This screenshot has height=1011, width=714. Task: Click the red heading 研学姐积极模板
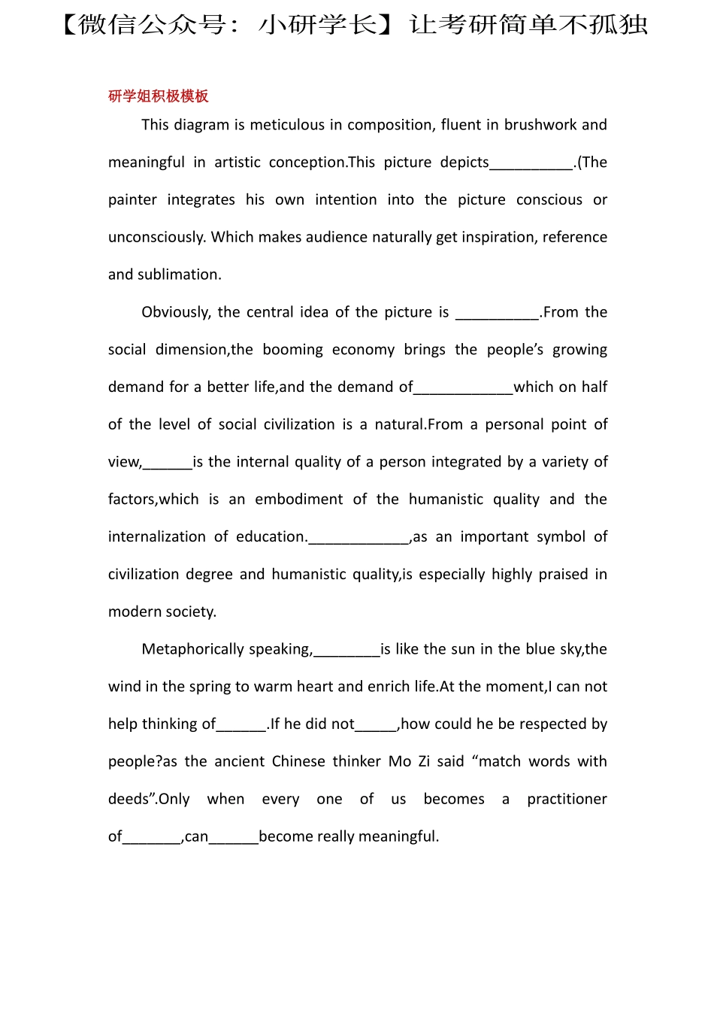pyautogui.click(x=158, y=96)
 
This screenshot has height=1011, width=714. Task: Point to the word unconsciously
pyautogui.click(x=156, y=238)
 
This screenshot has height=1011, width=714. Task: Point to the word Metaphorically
pyautogui.click(x=189, y=650)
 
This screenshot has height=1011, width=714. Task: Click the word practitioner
pyautogui.click(x=567, y=800)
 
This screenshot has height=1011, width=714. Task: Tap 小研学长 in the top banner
pyautogui.click(x=317, y=25)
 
